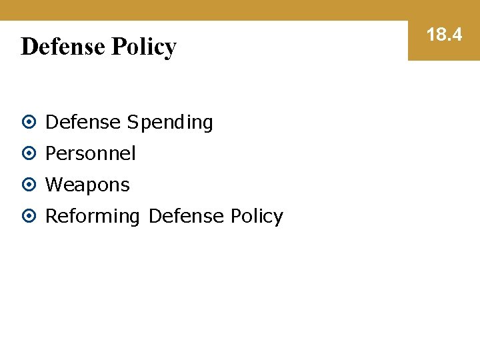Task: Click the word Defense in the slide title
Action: [63, 47]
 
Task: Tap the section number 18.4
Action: [444, 35]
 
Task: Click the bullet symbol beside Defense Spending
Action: [29, 123]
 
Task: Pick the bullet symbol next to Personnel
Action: [29, 154]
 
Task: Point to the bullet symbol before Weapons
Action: [29, 185]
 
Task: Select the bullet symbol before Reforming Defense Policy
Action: [29, 216]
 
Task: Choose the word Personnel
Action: [90, 153]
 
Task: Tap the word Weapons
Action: [87, 185]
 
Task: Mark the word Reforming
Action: [93, 216]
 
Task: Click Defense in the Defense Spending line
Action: [83, 123]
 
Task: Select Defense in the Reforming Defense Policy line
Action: [186, 216]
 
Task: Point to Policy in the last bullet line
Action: [257, 216]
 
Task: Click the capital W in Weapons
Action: [53, 185]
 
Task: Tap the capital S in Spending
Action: [132, 123]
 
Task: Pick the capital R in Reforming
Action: [51, 216]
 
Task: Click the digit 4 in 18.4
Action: [456, 35]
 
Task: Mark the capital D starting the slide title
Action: [29, 47]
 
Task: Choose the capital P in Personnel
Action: [50, 153]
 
